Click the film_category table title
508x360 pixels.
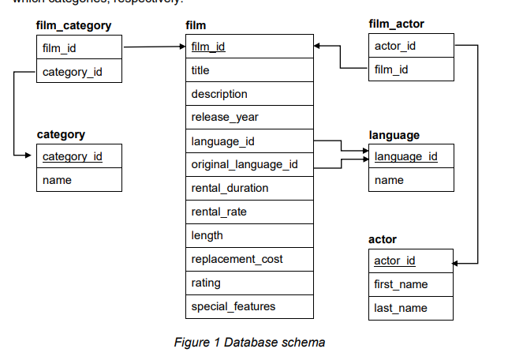click(73, 25)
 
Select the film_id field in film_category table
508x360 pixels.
click(59, 47)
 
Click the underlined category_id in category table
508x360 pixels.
click(72, 156)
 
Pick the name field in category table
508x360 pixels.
click(57, 180)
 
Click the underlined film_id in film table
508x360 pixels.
click(208, 47)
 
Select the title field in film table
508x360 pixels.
click(200, 70)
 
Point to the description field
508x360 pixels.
click(219, 94)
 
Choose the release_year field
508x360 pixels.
click(225, 118)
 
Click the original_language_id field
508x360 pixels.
click(245, 164)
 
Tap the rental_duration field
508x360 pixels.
click(230, 188)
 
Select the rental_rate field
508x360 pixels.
click(219, 212)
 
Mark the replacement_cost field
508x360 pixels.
click(237, 259)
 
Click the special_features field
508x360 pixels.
click(233, 306)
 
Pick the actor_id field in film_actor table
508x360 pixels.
click(395, 46)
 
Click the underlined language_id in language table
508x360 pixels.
click(405, 156)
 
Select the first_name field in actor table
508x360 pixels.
click(401, 284)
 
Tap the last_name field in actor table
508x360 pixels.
click(400, 308)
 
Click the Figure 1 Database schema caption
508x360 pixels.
click(250, 342)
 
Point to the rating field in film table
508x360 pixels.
click(206, 283)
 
